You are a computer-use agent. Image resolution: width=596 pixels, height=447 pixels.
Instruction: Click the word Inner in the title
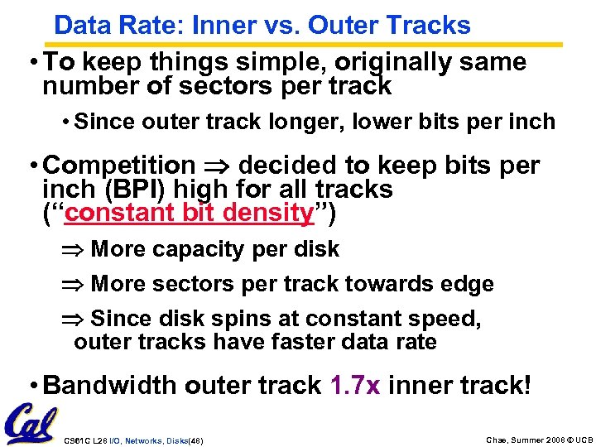pos(217,26)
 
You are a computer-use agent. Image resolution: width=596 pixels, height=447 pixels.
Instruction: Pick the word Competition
pos(119,166)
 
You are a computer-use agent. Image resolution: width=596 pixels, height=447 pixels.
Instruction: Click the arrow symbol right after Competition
pos(217,166)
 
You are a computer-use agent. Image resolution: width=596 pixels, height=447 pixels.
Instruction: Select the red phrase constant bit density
pos(189,213)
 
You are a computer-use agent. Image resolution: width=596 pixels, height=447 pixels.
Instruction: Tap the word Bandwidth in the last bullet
pos(110,385)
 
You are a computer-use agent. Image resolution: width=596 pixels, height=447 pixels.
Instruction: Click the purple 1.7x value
pos(354,385)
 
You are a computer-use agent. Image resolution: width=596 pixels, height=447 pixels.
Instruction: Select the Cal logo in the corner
pos(30,423)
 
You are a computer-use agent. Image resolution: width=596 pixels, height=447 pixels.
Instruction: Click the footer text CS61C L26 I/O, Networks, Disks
pos(132,440)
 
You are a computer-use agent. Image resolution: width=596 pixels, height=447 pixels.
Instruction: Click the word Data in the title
pos(79,26)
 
